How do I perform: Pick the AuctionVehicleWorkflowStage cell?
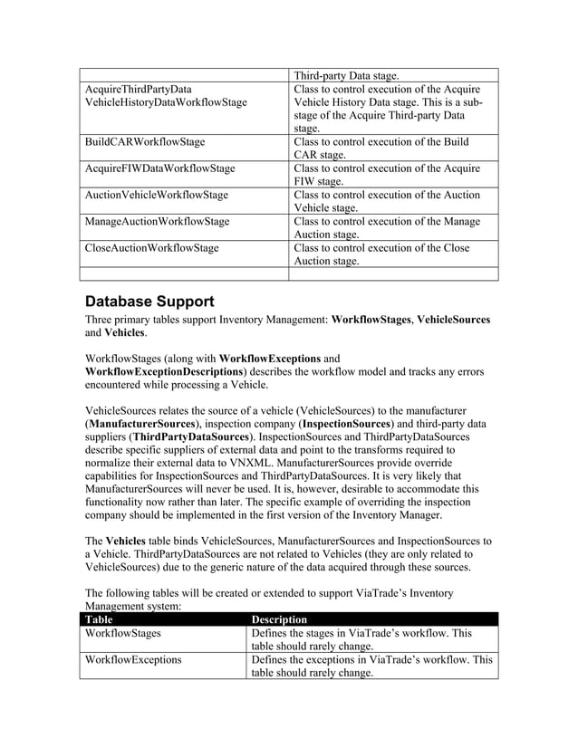(x=156, y=195)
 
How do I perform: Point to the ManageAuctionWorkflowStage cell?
(x=157, y=221)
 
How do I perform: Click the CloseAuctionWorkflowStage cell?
(x=151, y=247)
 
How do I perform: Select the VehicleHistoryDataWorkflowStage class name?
(x=165, y=102)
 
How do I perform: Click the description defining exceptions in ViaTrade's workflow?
(x=371, y=666)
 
